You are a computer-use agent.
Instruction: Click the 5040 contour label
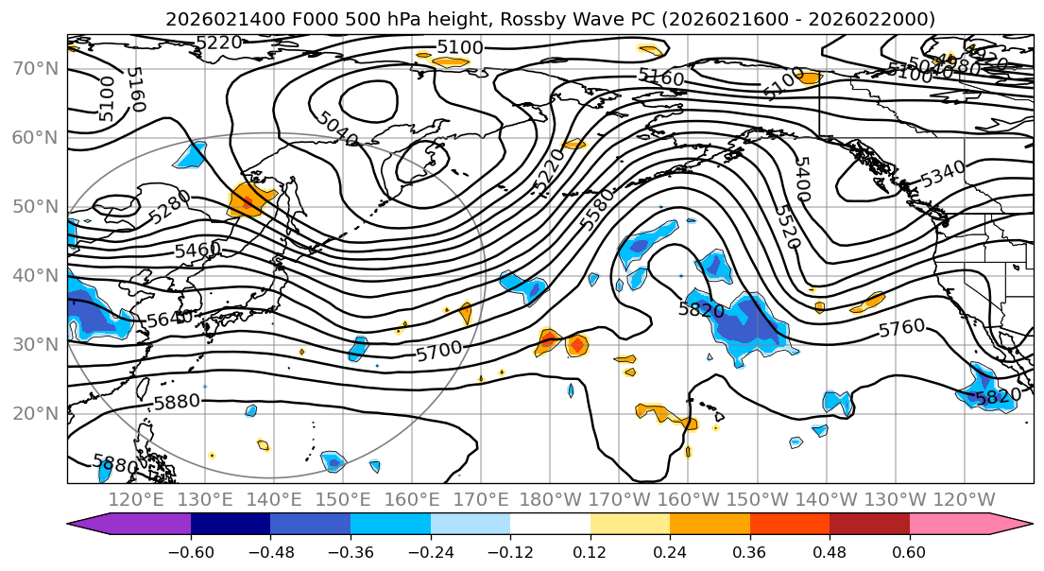tap(338, 129)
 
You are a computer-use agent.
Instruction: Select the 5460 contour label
tap(197, 250)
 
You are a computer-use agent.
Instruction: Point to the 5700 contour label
tap(439, 351)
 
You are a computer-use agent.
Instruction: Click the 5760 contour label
tap(901, 328)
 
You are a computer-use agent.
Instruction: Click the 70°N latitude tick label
tap(34, 68)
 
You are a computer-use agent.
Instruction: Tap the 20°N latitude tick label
tap(34, 413)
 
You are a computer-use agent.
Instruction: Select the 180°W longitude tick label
tap(550, 499)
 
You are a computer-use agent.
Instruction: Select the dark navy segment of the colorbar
tap(231, 525)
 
